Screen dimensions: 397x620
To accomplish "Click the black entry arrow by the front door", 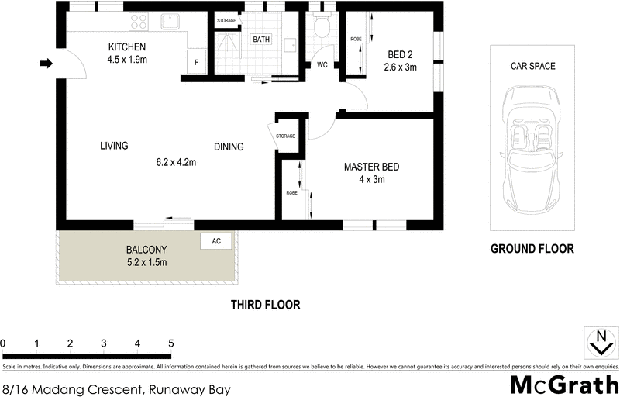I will coord(46,64).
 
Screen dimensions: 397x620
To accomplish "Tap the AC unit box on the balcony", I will coord(216,241).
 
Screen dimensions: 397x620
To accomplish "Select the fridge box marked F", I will coord(196,62).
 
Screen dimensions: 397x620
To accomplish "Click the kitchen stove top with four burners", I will coord(139,21).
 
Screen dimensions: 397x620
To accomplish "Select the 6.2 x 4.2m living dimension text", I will coord(176,163).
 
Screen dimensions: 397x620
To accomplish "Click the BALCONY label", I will coord(146,250).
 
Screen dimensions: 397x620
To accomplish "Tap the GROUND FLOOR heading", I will coord(532,249).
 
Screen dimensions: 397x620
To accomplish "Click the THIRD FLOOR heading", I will coord(265,305).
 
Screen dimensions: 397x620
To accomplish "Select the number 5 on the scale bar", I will coord(170,343).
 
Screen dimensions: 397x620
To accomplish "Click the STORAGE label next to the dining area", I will coord(285,136).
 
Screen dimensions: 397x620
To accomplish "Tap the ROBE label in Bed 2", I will coord(356,38).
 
